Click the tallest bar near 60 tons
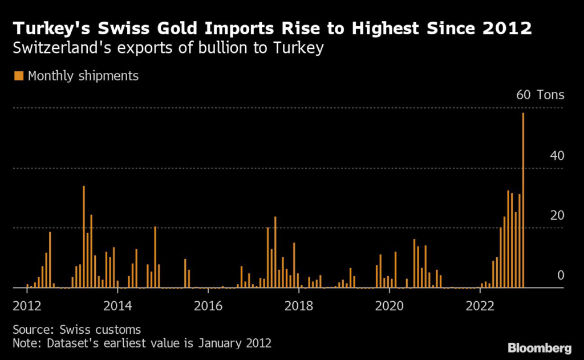(x=523, y=200)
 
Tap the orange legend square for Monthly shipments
(x=19, y=76)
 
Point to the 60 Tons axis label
(x=540, y=95)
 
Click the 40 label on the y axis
(x=556, y=156)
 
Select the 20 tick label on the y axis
(x=556, y=215)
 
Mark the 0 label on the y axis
(x=560, y=275)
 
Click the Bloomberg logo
(x=540, y=347)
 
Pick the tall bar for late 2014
(x=155, y=257)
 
